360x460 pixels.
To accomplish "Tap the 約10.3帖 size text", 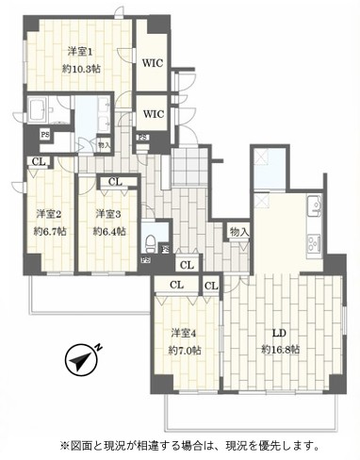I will pos(84,70).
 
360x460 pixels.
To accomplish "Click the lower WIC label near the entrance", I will pos(154,113).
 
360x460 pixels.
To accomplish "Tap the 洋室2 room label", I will pos(48,213).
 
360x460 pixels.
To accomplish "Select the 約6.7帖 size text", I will pos(48,231).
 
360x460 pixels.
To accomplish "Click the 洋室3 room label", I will pos(106,213).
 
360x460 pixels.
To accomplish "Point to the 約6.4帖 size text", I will pos(106,231).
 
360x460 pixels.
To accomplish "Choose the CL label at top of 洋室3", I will pos(113,183).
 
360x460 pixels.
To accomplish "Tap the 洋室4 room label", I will pos(183,334).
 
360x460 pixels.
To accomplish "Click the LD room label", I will pos(280,334).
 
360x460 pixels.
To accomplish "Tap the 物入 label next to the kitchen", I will pos(238,230).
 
